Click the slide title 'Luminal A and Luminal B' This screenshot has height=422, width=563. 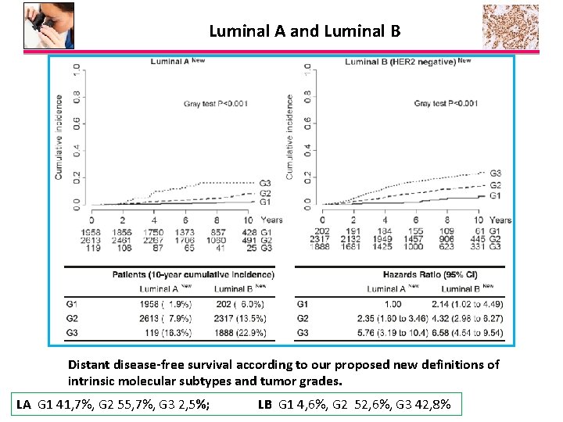click(304, 31)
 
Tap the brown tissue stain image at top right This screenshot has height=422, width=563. click(510, 26)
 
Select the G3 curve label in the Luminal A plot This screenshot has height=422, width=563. click(265, 183)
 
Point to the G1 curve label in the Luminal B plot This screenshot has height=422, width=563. click(495, 195)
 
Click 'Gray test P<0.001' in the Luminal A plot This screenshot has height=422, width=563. click(216, 103)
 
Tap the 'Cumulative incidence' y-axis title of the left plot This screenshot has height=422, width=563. click(59, 137)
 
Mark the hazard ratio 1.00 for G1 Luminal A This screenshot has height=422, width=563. click(393, 304)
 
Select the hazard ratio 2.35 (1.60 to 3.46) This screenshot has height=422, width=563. click(393, 319)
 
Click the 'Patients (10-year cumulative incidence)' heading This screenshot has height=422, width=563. click(193, 274)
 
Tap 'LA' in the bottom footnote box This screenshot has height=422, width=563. click(24, 404)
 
